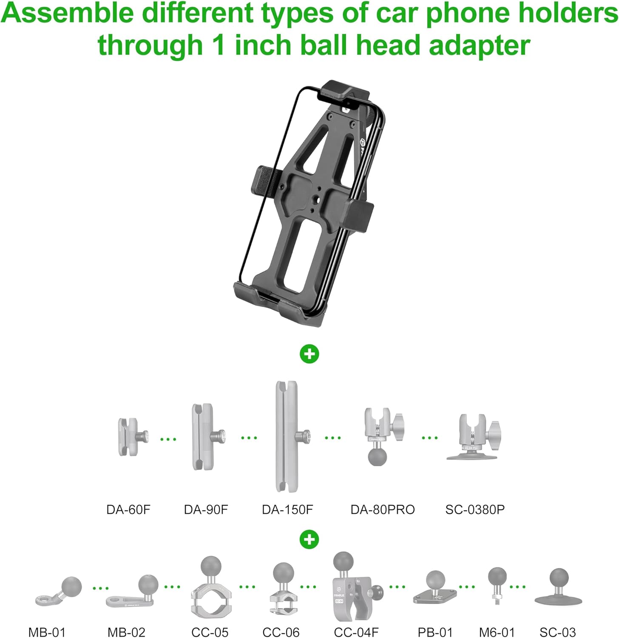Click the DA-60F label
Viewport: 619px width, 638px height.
(x=128, y=509)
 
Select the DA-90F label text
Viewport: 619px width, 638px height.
(x=206, y=509)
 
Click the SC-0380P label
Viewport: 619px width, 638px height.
(x=475, y=509)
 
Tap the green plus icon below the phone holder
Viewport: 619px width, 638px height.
(x=309, y=354)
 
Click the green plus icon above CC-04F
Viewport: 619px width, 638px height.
(x=309, y=539)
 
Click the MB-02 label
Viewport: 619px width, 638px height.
(x=126, y=632)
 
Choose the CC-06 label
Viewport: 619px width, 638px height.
(x=281, y=632)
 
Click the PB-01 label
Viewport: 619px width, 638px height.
(x=435, y=632)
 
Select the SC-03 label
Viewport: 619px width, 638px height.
(x=557, y=632)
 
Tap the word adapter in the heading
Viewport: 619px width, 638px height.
(x=480, y=45)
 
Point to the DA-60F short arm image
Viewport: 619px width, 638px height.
(x=131, y=437)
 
